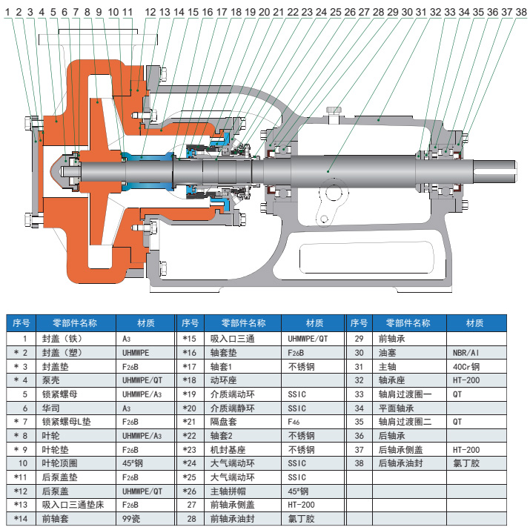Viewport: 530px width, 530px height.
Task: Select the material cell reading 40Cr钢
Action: [x=466, y=365]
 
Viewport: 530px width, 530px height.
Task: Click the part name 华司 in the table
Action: [x=50, y=408]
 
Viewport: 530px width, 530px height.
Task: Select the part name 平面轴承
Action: [x=394, y=408]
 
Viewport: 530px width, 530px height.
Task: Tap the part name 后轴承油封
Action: [x=398, y=463]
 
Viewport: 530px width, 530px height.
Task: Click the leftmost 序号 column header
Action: [x=21, y=323]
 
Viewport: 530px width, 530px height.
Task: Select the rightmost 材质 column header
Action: [x=475, y=323]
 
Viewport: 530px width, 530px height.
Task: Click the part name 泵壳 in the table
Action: [x=50, y=380]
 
